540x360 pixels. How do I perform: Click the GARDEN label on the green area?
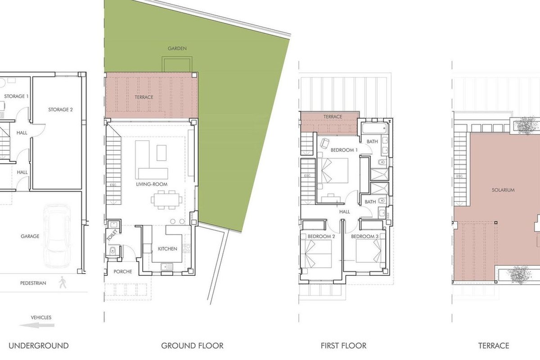pos(177,49)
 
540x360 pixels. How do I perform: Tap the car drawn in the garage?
pos(57,236)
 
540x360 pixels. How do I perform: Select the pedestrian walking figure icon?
pos(63,282)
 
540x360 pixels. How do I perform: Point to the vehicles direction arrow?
pos(36,325)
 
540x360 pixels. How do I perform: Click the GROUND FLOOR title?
pos(192,346)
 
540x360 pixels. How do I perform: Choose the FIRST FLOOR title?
pos(343,346)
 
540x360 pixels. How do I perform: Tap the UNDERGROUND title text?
pos(39,346)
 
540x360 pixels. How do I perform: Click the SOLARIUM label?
pos(503,190)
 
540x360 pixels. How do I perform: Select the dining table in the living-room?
pos(166,200)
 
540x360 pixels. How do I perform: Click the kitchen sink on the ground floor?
pos(167,267)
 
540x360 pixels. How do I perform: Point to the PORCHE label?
pos(123,271)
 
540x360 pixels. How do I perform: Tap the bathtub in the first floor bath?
pos(374,128)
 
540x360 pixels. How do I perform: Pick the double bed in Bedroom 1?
pos(334,170)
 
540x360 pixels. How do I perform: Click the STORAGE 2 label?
pos(60,110)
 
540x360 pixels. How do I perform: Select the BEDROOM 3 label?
pos(364,237)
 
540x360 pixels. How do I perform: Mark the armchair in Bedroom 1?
pos(324,143)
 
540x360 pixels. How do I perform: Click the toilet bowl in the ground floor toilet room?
pos(112,251)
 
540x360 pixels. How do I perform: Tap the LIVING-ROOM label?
pos(152,184)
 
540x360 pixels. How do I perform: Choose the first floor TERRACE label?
pos(333,117)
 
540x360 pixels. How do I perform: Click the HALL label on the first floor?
pos(345,211)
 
